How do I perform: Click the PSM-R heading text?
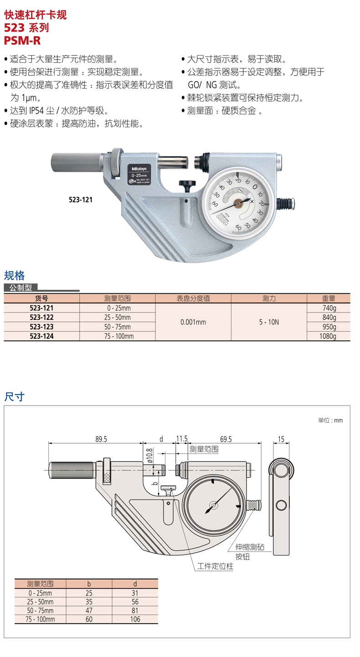point(22,41)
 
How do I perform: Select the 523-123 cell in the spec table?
point(41,327)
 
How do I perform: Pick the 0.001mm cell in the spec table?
point(193,322)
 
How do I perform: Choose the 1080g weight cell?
point(328,336)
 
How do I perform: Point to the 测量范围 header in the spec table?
point(117,298)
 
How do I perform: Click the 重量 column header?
point(328,298)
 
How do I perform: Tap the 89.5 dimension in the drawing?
point(101,439)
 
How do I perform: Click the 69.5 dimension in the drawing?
point(226,439)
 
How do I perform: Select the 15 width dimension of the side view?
point(281,439)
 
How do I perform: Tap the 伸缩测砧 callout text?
point(250,547)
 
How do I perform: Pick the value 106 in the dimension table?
point(135,619)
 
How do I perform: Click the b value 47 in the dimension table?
point(89,611)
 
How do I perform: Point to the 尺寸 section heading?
point(14,396)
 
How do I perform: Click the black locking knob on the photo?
point(187,185)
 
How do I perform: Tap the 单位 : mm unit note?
point(330,420)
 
